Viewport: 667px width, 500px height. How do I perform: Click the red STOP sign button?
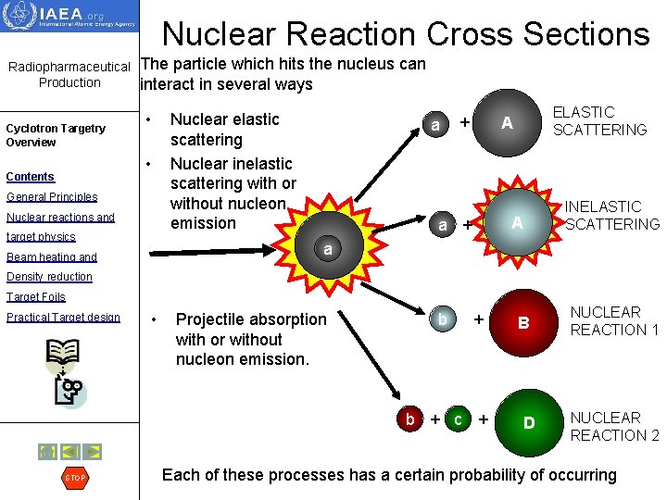pyautogui.click(x=74, y=478)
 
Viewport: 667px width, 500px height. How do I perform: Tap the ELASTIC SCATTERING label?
pyautogui.click(x=598, y=121)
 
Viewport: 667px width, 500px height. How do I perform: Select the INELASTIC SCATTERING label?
pyautogui.click(x=611, y=215)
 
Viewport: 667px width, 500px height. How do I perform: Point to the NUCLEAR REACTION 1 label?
pyautogui.click(x=613, y=320)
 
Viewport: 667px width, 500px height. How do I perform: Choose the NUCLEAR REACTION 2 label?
pyautogui.click(x=613, y=426)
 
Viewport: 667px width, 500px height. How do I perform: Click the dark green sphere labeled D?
pyautogui.click(x=528, y=423)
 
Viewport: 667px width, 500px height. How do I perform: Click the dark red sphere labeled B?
pyautogui.click(x=522, y=323)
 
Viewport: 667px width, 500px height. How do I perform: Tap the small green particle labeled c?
pyautogui.click(x=457, y=419)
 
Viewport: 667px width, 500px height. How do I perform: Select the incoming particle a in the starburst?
pyautogui.click(x=328, y=249)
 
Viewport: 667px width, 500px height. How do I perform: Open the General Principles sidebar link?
pyautogui.click(x=52, y=196)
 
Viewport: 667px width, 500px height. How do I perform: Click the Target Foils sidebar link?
pyautogui.click(x=36, y=297)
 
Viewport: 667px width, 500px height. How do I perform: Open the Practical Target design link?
pyautogui.click(x=63, y=318)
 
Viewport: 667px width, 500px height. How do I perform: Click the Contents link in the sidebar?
pyautogui.click(x=30, y=176)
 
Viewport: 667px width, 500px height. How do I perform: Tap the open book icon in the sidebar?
pyautogui.click(x=62, y=353)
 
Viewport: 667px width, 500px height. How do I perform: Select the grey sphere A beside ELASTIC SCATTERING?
pyautogui.click(x=506, y=123)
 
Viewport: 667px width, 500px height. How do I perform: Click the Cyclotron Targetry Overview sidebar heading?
pyautogui.click(x=56, y=135)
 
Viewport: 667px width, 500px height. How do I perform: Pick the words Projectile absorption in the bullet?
pyautogui.click(x=251, y=319)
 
